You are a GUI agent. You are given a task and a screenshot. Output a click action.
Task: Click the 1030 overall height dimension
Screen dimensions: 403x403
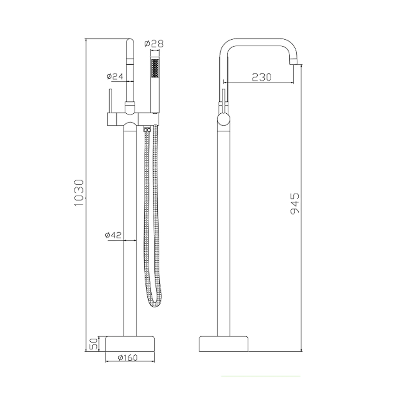point(80,193)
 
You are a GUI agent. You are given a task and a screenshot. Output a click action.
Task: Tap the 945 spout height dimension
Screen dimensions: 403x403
point(295,203)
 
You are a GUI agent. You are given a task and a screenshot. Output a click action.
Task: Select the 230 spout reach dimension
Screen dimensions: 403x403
point(262,77)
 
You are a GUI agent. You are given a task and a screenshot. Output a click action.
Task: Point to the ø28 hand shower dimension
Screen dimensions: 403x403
point(154,44)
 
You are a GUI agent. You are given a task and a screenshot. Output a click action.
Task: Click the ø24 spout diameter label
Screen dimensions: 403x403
point(115,77)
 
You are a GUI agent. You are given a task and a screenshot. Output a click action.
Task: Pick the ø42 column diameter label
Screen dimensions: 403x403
point(113,235)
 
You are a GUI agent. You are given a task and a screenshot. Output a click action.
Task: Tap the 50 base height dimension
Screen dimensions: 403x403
point(93,344)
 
